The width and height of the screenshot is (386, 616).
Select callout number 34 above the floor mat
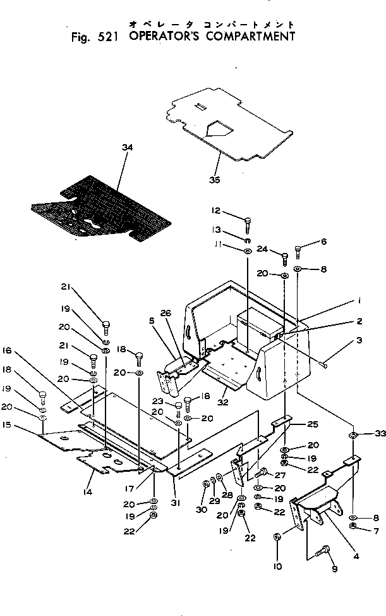[x=128, y=147]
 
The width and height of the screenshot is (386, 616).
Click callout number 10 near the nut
[x=277, y=567]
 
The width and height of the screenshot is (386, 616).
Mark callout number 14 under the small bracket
[x=88, y=491]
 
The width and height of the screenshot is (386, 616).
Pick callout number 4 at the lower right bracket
[x=356, y=556]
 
